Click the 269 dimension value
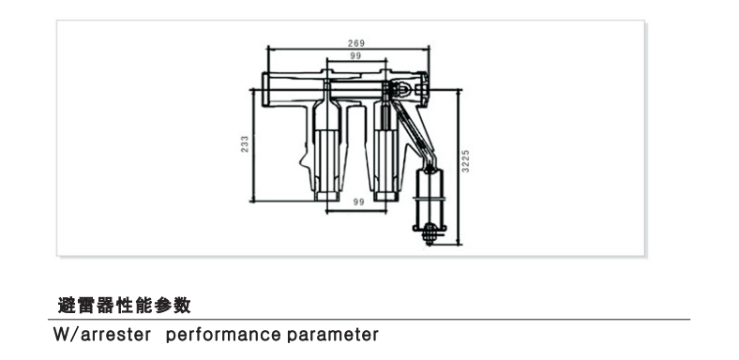(x=355, y=43)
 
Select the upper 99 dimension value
(x=355, y=56)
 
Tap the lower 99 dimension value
(x=358, y=202)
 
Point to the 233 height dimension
(x=245, y=144)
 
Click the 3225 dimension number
(x=466, y=161)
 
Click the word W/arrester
(x=102, y=335)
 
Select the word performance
(x=223, y=335)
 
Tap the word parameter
(x=333, y=335)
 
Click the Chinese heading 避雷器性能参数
(x=125, y=306)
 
